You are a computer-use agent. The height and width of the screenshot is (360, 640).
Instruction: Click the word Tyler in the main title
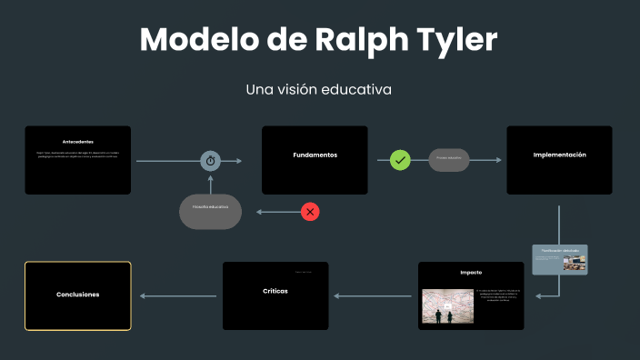(455, 41)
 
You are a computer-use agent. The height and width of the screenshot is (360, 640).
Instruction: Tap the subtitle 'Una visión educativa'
(318, 90)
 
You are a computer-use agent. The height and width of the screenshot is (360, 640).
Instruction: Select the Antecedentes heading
(77, 142)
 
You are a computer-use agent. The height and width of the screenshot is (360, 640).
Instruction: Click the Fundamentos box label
(315, 155)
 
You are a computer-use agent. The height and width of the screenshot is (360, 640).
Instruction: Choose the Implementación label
(559, 155)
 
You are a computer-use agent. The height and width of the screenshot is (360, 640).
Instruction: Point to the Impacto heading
(471, 272)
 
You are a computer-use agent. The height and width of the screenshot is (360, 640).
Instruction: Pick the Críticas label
(275, 290)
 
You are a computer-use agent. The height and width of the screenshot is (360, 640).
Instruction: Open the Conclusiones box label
(77, 295)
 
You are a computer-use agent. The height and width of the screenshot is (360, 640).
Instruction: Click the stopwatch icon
(211, 160)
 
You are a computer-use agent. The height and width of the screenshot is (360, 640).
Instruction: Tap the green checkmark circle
(401, 160)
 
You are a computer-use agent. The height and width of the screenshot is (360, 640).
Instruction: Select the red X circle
(310, 212)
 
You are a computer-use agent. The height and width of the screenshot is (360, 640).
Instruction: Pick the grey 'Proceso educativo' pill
(449, 158)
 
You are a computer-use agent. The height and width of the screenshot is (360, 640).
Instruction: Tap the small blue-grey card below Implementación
(560, 259)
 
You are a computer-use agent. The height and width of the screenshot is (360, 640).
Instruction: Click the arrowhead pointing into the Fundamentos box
(239, 160)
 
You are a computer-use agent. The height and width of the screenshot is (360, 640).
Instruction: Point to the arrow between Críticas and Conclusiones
(177, 295)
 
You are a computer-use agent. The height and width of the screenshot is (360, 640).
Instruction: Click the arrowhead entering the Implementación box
(497, 160)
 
